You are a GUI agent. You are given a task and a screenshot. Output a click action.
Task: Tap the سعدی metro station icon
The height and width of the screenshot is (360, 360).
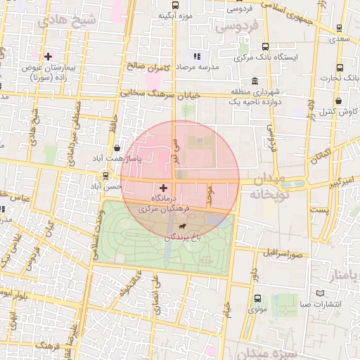click(x=340, y=29)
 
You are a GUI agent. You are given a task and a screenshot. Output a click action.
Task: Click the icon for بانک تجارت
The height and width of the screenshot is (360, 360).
click(x=340, y=68)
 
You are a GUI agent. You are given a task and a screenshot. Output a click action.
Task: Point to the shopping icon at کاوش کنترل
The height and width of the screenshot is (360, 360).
click(x=339, y=100)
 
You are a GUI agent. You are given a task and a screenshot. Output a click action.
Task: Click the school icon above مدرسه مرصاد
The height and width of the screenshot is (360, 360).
click(x=198, y=55)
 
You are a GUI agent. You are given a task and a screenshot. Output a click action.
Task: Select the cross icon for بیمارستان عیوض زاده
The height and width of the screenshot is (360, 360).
click(x=48, y=56)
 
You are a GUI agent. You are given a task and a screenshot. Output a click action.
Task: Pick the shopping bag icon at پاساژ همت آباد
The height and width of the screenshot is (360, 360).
click(x=116, y=148)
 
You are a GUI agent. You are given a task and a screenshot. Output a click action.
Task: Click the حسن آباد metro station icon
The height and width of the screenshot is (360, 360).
click(x=105, y=176)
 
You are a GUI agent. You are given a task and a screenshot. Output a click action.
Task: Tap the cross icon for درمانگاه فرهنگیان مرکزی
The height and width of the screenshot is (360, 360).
click(x=164, y=188)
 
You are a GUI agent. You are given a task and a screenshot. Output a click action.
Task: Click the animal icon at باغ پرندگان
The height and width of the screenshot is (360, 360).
click(x=183, y=226)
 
